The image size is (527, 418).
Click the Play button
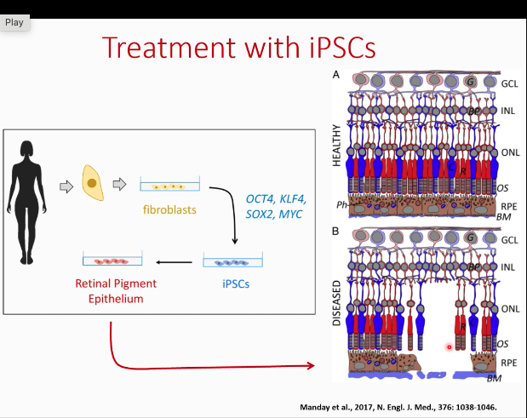(x=14, y=22)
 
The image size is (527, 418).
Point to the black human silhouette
(x=26, y=203)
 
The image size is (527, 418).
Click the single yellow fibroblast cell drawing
(x=93, y=183)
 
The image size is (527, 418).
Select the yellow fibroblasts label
(x=169, y=209)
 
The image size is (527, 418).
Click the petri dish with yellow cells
(x=170, y=184)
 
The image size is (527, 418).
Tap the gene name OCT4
(x=260, y=199)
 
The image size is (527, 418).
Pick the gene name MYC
(x=290, y=215)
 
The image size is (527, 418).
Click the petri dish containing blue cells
(x=233, y=260)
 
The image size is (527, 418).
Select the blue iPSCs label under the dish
(x=236, y=284)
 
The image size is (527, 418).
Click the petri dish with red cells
(x=112, y=259)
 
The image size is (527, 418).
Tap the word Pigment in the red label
(x=137, y=284)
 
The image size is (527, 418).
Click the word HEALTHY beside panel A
(x=336, y=146)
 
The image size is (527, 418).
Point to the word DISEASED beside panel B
(x=336, y=303)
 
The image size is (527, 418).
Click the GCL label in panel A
(x=509, y=83)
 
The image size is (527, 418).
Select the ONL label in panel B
(x=510, y=309)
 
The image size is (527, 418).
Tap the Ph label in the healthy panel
(x=341, y=204)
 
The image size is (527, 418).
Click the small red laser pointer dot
(x=450, y=347)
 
